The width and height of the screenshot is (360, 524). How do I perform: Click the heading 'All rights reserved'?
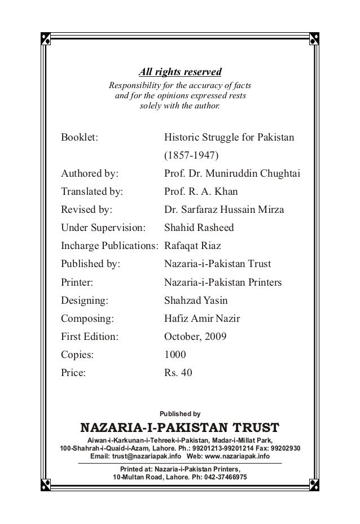[181, 72]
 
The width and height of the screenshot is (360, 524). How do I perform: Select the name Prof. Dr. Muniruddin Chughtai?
[231, 173]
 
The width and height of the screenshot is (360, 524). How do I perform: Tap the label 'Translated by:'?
[91, 191]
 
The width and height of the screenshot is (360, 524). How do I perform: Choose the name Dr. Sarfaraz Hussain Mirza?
[224, 209]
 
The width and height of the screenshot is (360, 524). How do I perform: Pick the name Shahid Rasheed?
[198, 228]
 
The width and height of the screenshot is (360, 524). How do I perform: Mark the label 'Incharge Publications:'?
[110, 246]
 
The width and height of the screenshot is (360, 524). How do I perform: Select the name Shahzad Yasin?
[195, 301]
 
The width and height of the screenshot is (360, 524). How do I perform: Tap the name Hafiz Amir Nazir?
[201, 319]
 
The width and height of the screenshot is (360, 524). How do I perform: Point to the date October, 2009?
[195, 337]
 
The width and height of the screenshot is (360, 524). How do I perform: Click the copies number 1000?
[174, 356]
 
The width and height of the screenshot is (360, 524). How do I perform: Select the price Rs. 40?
[178, 374]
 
